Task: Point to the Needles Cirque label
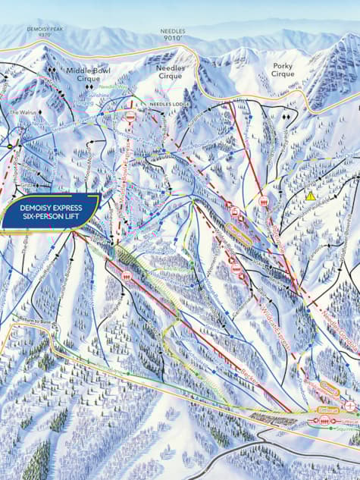170,71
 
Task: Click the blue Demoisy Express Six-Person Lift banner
50,209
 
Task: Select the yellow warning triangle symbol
310,196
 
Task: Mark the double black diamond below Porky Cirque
286,118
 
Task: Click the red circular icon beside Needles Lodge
131,118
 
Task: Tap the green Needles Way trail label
113,86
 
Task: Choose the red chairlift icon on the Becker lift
126,276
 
